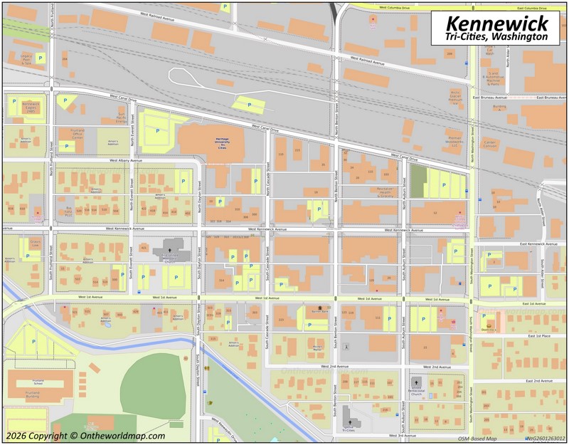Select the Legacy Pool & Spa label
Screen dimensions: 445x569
coord(26,58)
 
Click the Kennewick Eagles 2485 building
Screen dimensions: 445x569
coord(31,106)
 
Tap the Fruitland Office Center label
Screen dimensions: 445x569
coord(77,132)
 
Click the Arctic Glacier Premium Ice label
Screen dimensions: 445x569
coord(455,96)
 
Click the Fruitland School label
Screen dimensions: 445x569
coord(33,381)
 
